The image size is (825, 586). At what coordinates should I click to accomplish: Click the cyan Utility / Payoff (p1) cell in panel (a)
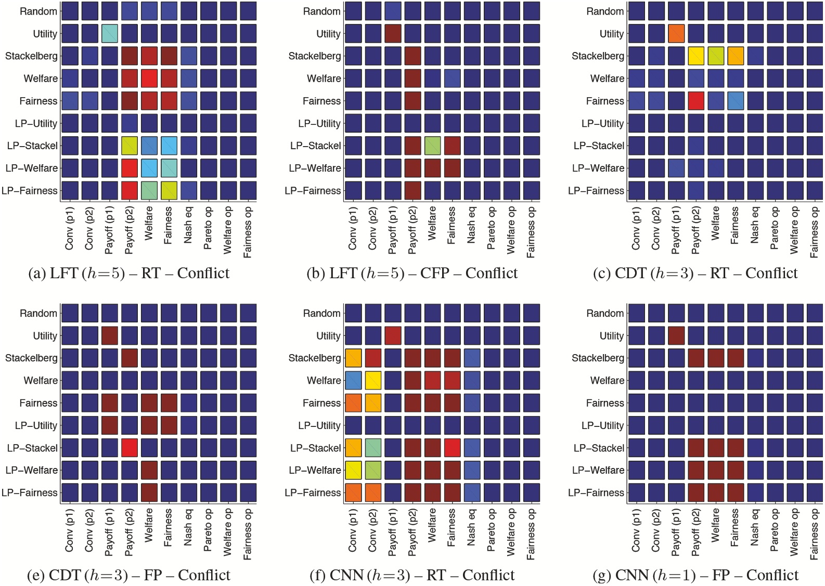click(109, 34)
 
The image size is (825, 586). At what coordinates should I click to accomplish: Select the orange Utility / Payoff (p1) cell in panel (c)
click(676, 34)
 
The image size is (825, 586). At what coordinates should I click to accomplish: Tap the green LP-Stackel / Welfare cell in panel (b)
click(432, 146)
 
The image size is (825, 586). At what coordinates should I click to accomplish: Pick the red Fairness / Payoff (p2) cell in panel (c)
click(695, 101)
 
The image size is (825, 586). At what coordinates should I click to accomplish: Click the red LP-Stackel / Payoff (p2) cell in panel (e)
click(129, 448)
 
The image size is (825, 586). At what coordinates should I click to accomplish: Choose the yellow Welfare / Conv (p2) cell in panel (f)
click(373, 381)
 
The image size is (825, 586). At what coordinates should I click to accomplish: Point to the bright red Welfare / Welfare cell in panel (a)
click(149, 79)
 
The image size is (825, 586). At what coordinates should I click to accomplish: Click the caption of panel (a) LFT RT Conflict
click(128, 274)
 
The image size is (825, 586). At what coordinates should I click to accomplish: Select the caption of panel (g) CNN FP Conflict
click(695, 575)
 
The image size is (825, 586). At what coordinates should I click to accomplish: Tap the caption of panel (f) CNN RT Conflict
click(411, 575)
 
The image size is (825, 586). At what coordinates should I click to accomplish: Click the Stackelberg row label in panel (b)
click(315, 56)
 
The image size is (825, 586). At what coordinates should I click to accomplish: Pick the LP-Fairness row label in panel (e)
click(30, 492)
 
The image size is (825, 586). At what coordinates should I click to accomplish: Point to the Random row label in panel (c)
click(604, 11)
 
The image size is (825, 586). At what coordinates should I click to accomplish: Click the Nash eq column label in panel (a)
click(188, 225)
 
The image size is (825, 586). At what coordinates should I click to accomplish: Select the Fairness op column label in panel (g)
click(814, 534)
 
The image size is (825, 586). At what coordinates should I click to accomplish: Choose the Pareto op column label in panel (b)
click(491, 228)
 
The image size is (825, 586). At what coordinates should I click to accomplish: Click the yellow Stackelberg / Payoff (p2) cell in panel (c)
click(695, 56)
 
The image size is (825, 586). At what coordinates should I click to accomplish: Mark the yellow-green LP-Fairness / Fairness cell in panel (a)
click(169, 190)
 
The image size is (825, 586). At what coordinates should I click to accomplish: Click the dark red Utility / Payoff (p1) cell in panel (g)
click(676, 336)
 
